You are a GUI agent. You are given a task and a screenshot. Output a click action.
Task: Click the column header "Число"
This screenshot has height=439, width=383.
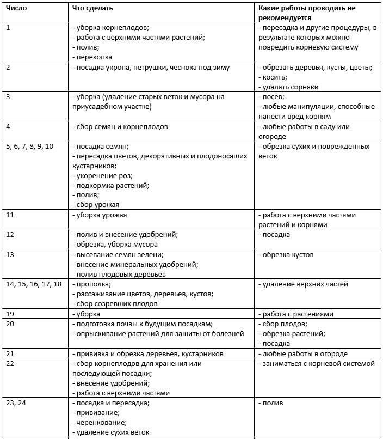[x=16, y=9]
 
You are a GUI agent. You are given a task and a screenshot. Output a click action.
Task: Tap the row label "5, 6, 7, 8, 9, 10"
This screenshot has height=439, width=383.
[x=30, y=147]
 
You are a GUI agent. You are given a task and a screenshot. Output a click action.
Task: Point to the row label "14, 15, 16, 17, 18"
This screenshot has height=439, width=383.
[x=34, y=284]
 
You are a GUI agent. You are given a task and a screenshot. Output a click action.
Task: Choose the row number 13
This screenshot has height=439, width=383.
[x=10, y=255]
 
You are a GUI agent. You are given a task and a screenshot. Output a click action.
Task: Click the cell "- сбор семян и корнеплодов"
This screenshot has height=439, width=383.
[x=120, y=127]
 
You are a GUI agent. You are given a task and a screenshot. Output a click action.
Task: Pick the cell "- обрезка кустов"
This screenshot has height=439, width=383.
[x=286, y=255]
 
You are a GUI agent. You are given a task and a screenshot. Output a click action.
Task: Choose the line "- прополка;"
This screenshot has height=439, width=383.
[x=92, y=284]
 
